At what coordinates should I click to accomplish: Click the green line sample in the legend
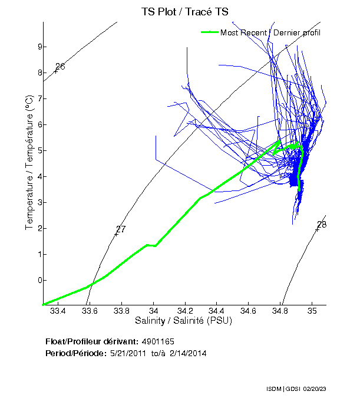(x=209, y=32)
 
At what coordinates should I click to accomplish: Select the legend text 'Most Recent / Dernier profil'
(x=270, y=32)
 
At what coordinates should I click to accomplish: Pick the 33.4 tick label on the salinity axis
(x=58, y=311)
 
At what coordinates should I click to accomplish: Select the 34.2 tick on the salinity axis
(x=185, y=311)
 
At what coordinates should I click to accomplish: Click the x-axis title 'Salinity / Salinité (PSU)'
(x=184, y=321)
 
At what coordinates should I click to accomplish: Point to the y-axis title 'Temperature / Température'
(x=29, y=164)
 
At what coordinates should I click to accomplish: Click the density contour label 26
(x=60, y=67)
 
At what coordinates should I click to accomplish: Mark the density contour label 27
(x=121, y=229)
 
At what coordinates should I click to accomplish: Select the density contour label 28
(x=322, y=225)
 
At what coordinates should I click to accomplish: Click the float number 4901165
(x=158, y=341)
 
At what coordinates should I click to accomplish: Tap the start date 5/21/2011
(x=127, y=353)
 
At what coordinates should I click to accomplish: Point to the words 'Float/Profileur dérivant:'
(x=92, y=341)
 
